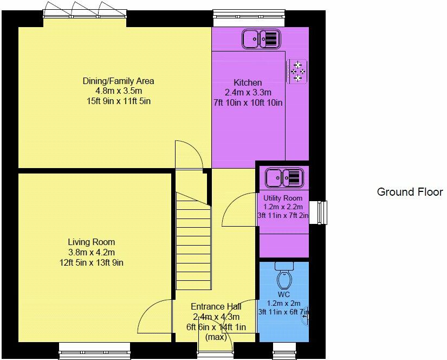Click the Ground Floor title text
tap(410, 192)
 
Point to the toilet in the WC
tap(284, 277)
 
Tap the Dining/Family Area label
tap(118, 81)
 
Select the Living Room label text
tap(91, 242)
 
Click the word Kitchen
tap(248, 82)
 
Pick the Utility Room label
tap(283, 198)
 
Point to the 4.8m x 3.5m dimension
tap(118, 91)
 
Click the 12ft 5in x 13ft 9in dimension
tap(91, 263)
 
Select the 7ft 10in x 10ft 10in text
tap(248, 102)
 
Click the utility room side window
tap(323, 212)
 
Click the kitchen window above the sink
tap(248, 16)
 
